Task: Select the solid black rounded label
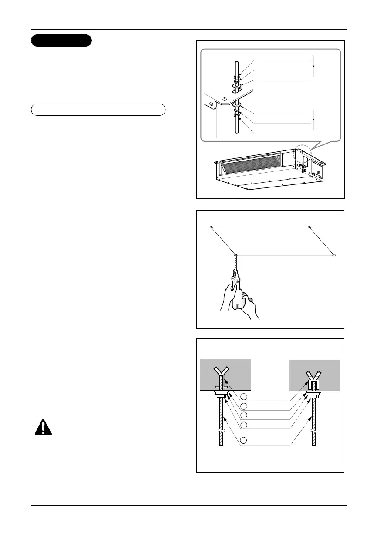(61, 40)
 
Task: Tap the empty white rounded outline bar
(98, 109)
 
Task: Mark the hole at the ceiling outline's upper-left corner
(211, 227)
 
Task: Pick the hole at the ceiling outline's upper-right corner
(309, 227)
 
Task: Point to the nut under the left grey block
(221, 395)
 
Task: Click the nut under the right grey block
(313, 395)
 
